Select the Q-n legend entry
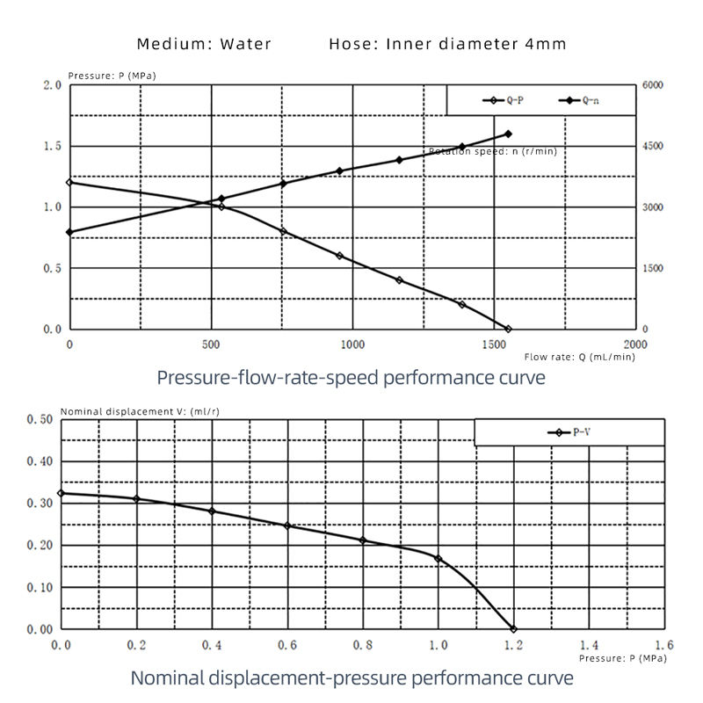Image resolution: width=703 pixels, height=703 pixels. (580, 101)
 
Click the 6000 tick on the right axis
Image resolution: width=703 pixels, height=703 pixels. (651, 85)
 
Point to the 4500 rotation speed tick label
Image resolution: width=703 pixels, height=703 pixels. (651, 147)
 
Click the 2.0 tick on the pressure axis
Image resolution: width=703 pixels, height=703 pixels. (52, 85)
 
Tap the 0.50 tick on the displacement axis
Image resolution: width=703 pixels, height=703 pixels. (41, 419)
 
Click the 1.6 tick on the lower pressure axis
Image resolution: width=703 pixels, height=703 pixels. (663, 644)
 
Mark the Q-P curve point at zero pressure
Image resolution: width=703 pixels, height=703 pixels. (508, 329)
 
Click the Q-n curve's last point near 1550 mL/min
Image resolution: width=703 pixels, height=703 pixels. (508, 134)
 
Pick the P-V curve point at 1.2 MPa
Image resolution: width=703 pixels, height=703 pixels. (513, 629)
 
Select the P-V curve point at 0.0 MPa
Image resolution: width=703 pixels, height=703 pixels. (61, 493)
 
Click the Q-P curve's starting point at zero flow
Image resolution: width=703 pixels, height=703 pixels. (69, 182)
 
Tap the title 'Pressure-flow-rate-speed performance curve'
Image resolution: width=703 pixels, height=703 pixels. (351, 378)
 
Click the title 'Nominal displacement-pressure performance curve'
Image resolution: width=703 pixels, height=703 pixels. (351, 678)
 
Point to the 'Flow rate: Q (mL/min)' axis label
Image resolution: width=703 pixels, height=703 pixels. (579, 357)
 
